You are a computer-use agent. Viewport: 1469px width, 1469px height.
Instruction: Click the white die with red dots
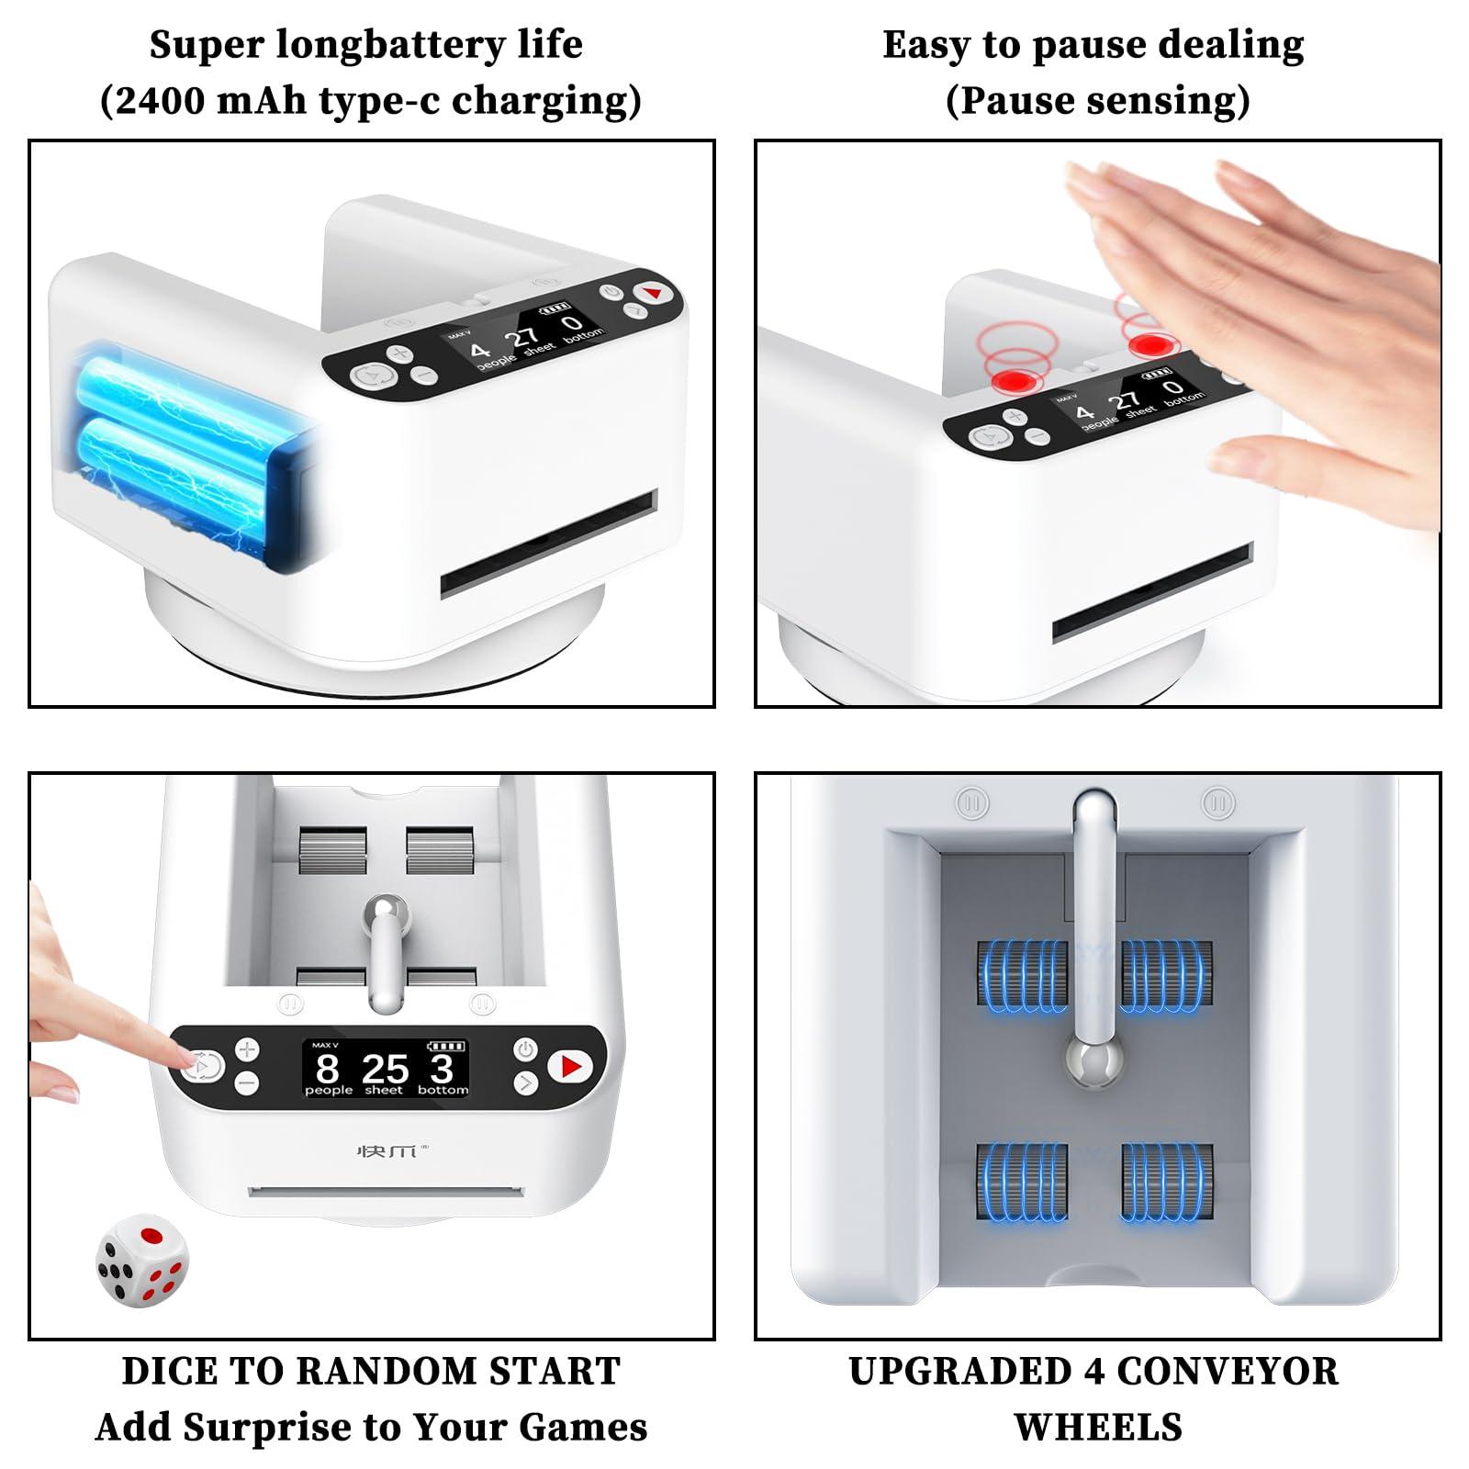pos(142,1259)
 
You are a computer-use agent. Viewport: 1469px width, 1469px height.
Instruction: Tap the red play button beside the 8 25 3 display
pos(570,1067)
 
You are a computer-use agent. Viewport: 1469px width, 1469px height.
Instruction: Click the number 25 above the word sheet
pos(385,1069)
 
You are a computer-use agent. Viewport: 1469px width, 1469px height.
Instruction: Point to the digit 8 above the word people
pos(327,1069)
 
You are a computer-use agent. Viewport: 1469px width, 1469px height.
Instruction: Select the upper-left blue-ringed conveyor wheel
pos(1023,977)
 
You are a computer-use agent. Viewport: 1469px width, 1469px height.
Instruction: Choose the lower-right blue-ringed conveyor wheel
pos(1167,1183)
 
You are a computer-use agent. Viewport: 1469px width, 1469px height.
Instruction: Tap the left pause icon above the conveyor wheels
pos(972,803)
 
